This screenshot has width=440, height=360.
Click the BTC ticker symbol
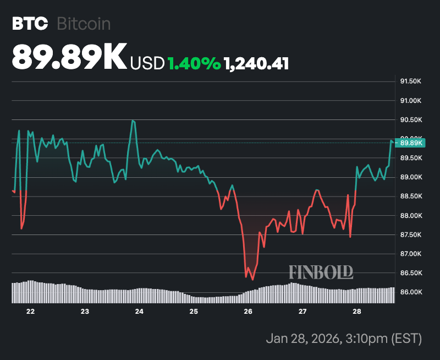[30, 24]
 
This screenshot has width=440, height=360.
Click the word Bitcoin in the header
[84, 24]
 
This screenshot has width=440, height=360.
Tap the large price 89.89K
[69, 57]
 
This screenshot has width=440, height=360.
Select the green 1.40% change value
[194, 64]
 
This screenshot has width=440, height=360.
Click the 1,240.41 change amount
[256, 64]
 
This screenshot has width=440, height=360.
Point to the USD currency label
[147, 64]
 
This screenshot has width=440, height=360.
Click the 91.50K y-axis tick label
[410, 81]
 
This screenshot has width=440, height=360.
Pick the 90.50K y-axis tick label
[410, 120]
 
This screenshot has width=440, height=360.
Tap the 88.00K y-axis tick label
[410, 216]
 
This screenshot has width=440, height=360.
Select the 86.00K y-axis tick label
[410, 292]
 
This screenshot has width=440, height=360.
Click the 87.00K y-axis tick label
[410, 254]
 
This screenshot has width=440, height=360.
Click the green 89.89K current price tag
[411, 143]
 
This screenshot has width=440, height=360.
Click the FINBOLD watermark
[321, 271]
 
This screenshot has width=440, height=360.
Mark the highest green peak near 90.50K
[133, 120]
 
